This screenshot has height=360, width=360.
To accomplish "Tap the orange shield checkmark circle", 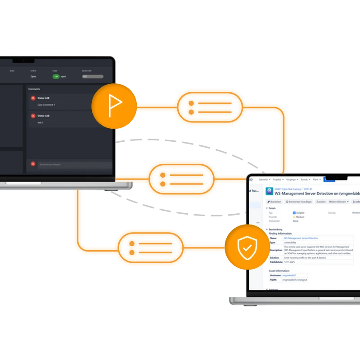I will click(x=247, y=247).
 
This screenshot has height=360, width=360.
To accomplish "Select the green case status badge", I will click(x=56, y=76).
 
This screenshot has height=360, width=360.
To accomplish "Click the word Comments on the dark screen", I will click(x=34, y=89).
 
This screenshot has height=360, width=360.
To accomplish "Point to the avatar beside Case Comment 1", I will click(x=33, y=98).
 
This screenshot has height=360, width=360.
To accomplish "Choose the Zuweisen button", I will click(x=321, y=202).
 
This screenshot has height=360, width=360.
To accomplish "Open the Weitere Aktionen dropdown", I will click(x=339, y=202).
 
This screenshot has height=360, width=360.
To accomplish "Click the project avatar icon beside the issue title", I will click(x=269, y=191).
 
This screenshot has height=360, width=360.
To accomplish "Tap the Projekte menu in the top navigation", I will click(x=278, y=179).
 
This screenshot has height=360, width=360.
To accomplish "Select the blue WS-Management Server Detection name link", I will click(x=301, y=238).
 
